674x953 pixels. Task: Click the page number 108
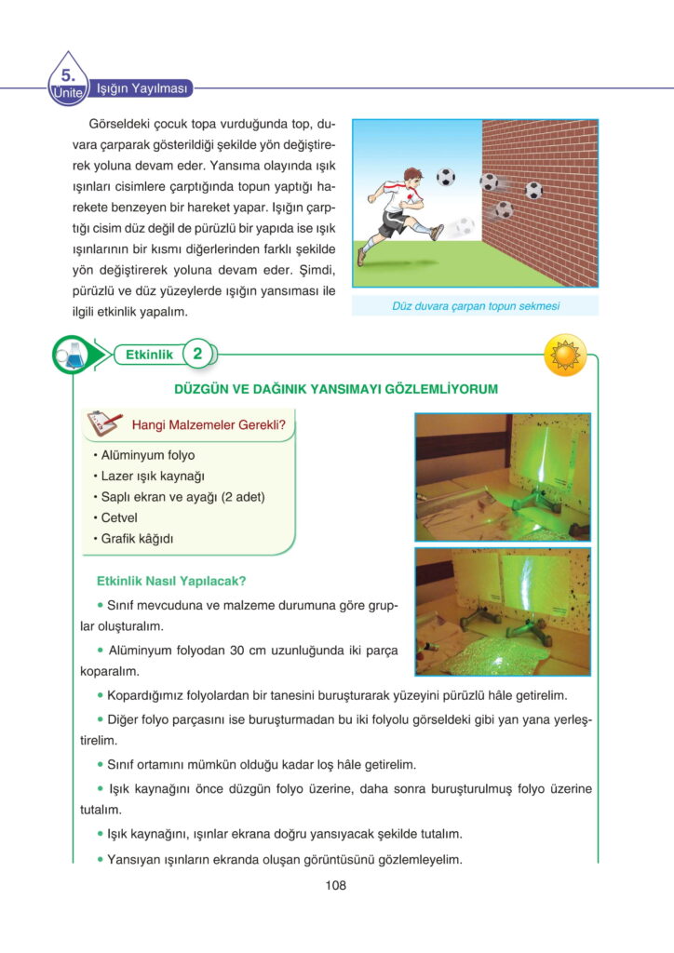click(336, 885)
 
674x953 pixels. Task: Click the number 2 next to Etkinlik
click(197, 354)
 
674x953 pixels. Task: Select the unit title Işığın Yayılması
click(143, 89)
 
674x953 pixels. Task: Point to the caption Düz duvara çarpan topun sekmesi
click(475, 305)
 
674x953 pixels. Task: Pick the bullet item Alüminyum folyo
click(148, 455)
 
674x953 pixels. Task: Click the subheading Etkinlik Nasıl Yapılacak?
click(171, 582)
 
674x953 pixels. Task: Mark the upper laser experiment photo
click(502, 476)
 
